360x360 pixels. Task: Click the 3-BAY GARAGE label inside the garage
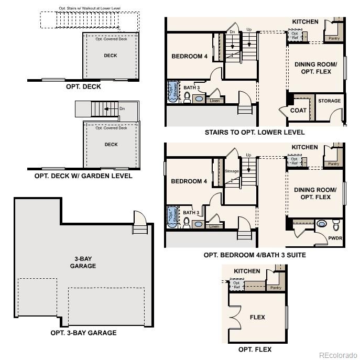83,263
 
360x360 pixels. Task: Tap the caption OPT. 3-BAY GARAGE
83,333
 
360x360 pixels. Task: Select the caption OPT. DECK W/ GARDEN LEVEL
83,176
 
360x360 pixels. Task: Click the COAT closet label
298,111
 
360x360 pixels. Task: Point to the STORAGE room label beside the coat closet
329,101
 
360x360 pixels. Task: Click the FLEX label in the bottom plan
257,317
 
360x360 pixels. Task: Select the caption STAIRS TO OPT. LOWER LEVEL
255,133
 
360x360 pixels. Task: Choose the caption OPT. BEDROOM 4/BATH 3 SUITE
255,255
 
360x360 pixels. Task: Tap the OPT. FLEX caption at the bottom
255,350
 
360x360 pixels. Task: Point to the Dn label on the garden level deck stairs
122,109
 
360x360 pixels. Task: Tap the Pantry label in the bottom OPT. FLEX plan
276,288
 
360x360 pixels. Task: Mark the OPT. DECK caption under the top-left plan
83,86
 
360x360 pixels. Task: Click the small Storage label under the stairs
232,171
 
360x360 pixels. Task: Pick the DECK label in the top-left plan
111,56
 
